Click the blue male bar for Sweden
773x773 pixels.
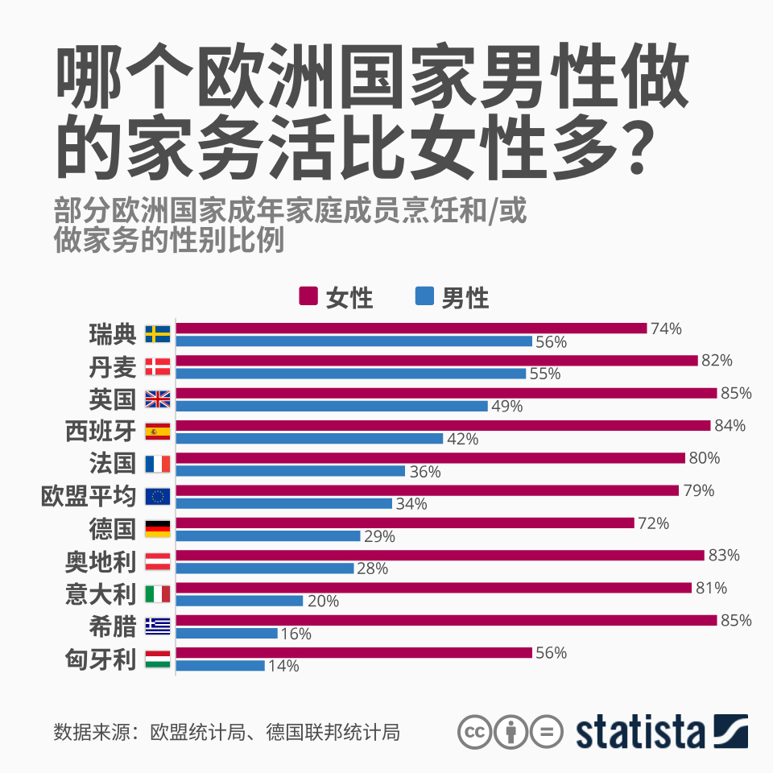(x=354, y=341)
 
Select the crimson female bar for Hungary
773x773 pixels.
(x=354, y=653)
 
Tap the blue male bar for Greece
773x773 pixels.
(x=226, y=633)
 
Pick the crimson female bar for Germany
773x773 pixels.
(x=405, y=523)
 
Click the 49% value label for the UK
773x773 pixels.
(x=507, y=407)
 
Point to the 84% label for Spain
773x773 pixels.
(x=730, y=426)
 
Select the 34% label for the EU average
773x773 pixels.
(x=411, y=504)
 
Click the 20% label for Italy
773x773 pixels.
(x=322, y=601)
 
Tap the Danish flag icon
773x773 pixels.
(x=157, y=367)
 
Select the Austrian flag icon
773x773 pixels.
(x=157, y=561)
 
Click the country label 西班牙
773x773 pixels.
(x=101, y=432)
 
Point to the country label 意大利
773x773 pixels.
(x=101, y=594)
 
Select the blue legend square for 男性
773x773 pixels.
(x=424, y=296)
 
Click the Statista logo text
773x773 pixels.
(x=640, y=731)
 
